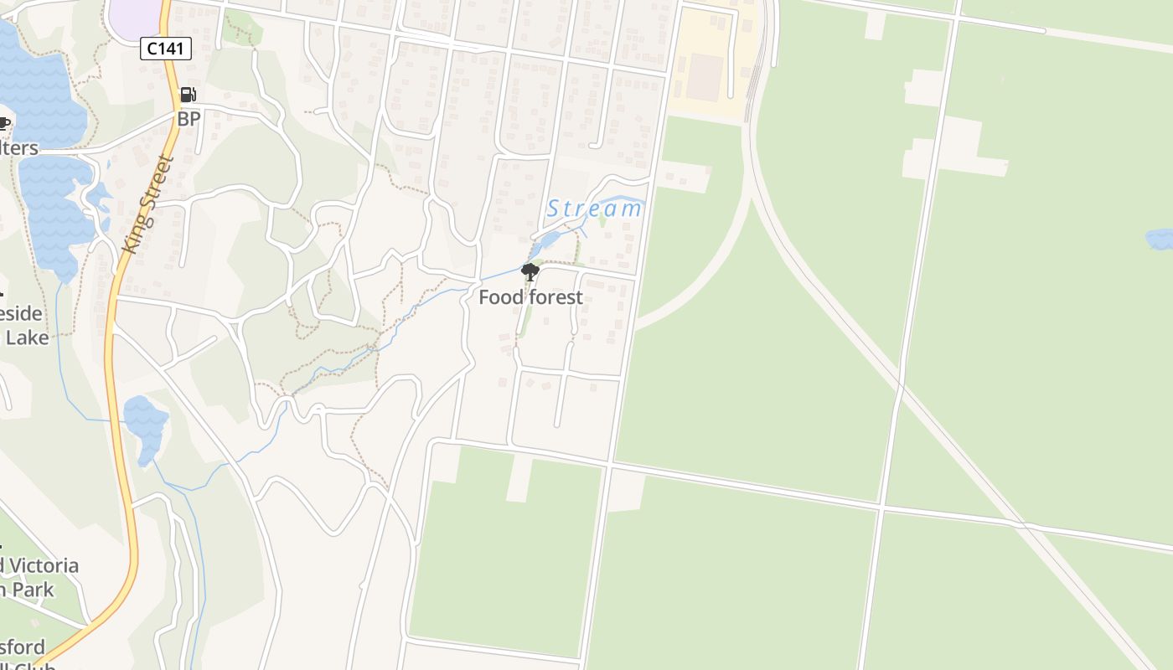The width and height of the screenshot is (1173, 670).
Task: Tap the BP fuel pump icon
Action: (189, 95)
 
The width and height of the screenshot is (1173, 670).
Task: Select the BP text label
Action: (189, 119)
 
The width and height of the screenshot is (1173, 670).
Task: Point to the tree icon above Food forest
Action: (530, 271)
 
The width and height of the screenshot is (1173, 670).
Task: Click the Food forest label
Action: (530, 296)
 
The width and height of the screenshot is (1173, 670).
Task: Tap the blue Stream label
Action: (594, 209)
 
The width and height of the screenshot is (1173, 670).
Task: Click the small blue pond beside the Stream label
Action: (549, 241)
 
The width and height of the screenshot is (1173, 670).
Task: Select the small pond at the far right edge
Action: (1160, 240)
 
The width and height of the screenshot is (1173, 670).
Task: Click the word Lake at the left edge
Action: (28, 338)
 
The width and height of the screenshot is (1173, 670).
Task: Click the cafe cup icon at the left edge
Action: (4, 124)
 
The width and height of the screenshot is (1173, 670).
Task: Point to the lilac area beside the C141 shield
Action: (134, 17)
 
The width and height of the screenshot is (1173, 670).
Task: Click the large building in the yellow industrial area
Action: (705, 77)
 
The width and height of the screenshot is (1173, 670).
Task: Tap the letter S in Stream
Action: (554, 209)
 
